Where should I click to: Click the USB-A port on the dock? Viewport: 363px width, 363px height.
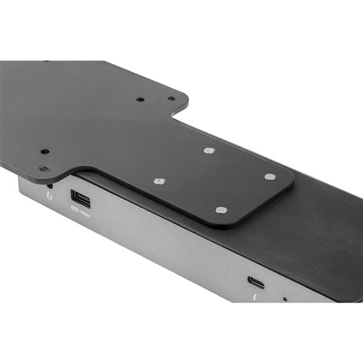(x=80, y=198)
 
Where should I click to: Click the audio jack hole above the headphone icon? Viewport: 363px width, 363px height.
(x=50, y=186)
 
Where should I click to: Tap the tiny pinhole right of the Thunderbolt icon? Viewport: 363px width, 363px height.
(x=284, y=299)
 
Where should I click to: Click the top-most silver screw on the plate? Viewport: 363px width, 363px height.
(x=209, y=150)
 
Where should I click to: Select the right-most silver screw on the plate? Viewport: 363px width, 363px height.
(x=270, y=177)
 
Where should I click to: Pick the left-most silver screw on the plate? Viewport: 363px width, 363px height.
(x=159, y=181)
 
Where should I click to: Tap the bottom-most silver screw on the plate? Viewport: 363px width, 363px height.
(x=221, y=210)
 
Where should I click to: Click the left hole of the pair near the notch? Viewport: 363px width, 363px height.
(x=140, y=99)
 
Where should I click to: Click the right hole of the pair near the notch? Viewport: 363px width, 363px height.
(x=171, y=98)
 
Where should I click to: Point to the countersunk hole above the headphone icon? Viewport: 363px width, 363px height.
(x=45, y=169)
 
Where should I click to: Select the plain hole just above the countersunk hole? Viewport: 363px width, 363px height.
(x=44, y=151)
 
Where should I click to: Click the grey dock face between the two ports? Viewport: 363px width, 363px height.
(x=169, y=242)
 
